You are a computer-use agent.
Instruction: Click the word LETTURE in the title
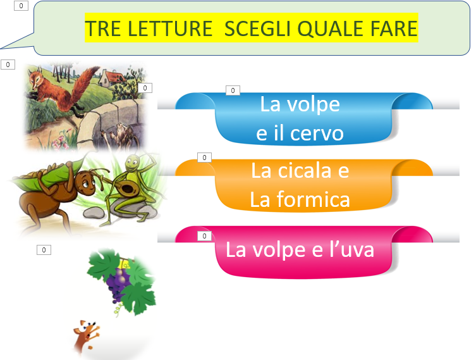[x=169, y=28]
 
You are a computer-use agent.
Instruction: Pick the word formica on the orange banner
[x=314, y=199]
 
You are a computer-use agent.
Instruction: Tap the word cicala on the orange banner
[x=305, y=170]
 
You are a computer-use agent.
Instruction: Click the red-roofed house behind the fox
[x=111, y=78]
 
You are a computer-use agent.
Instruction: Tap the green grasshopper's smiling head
[x=132, y=163]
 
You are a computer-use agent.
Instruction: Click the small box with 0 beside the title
[x=21, y=6]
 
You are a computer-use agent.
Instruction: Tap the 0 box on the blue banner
[x=233, y=90]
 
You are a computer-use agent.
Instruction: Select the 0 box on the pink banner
[x=204, y=236]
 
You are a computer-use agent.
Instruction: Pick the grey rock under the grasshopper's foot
[x=94, y=213]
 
